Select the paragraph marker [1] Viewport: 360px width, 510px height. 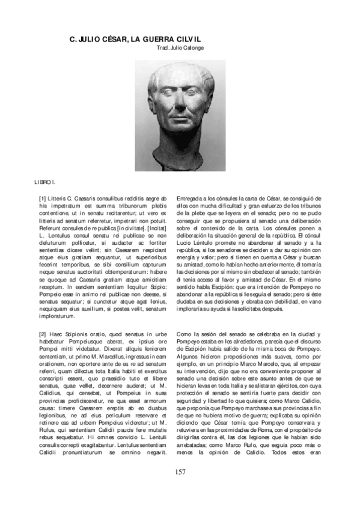(43, 198)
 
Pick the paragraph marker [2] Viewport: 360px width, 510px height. (43, 334)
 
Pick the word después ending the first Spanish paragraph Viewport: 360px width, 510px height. (281, 307)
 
